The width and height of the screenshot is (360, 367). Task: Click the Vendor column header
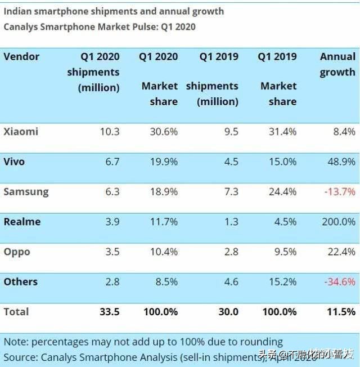point(21,57)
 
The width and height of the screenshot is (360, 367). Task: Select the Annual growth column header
point(337,64)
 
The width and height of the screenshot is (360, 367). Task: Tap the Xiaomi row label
point(21,132)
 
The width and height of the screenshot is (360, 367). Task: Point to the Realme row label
point(22,222)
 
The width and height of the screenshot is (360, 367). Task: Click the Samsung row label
point(26,192)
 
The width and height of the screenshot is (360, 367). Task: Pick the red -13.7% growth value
point(339,192)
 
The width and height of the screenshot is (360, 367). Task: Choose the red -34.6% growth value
point(339,282)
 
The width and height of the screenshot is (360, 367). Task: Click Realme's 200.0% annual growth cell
point(337,222)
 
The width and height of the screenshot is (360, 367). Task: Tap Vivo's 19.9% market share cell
point(163,162)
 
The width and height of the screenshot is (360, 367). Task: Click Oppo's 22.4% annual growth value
point(341,252)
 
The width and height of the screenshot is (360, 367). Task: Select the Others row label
point(21,282)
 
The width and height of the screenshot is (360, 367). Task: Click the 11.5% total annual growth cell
point(340,312)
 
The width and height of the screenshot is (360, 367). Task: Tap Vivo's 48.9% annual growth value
point(341,162)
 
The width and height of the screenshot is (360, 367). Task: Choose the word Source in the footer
point(20,356)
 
